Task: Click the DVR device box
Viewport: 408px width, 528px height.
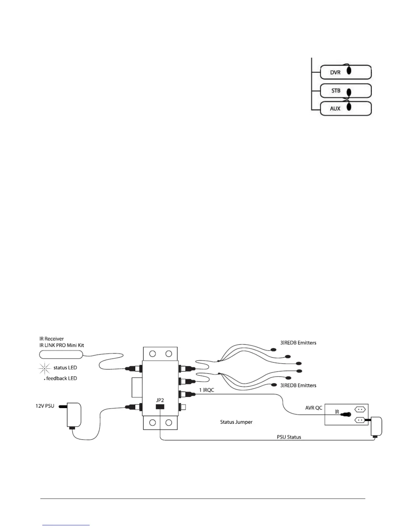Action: coord(346,72)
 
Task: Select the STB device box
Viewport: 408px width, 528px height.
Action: coord(346,90)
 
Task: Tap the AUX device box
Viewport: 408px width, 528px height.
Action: coord(346,108)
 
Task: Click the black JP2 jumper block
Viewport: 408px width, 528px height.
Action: coord(160,407)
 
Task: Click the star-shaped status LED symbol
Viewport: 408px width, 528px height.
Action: coord(45,368)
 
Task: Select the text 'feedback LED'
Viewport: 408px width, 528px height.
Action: coord(62,378)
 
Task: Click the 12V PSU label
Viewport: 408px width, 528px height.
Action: coord(45,406)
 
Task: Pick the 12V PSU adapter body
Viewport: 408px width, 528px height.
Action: coord(74,415)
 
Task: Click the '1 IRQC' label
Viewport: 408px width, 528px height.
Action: coord(207,390)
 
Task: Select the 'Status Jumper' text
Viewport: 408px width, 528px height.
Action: coord(236,422)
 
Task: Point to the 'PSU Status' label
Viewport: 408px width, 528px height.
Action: coord(289,437)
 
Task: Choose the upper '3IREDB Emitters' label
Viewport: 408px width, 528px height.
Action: coord(298,343)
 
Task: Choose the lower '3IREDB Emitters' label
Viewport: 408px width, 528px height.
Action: coord(298,385)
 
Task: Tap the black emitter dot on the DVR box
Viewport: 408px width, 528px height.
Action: coord(349,70)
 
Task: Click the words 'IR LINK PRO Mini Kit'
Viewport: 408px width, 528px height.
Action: coord(62,345)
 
